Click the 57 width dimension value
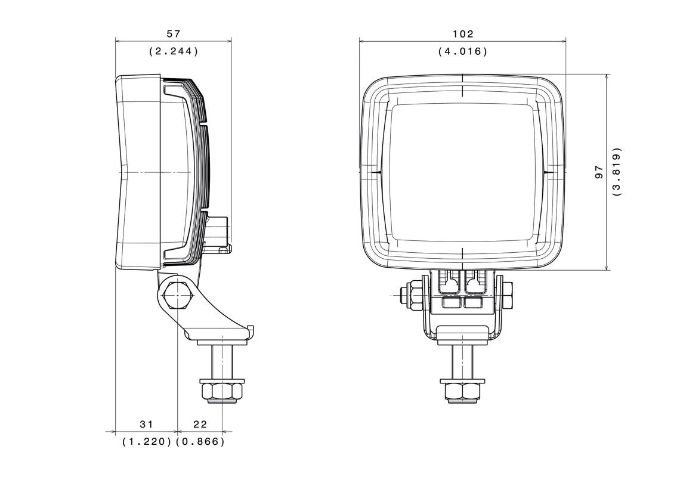pyautogui.click(x=174, y=35)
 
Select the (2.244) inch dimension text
pyautogui.click(x=174, y=51)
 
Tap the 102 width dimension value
pyautogui.click(x=463, y=35)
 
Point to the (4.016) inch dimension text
pyautogui.click(x=463, y=51)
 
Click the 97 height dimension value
pyautogui.click(x=599, y=172)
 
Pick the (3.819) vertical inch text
pyautogui.click(x=616, y=172)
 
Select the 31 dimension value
pyautogui.click(x=146, y=424)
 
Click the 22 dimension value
pyautogui.click(x=200, y=424)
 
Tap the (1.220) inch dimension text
pyautogui.click(x=147, y=442)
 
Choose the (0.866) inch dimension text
pyautogui.click(x=201, y=442)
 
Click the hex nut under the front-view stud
pyautogui.click(x=462, y=392)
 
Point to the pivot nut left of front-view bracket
pyautogui.click(x=413, y=294)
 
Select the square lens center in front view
pyautogui.click(x=462, y=172)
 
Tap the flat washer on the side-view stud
pyautogui.click(x=222, y=380)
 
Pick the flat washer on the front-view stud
pyautogui.click(x=462, y=380)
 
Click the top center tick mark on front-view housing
pyautogui.click(x=462, y=89)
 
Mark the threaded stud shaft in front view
pyautogui.click(x=462, y=360)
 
